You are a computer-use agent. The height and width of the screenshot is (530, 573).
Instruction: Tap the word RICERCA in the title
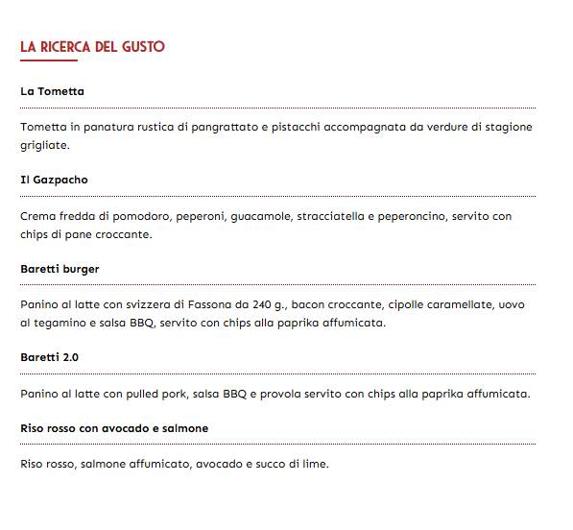[x=65, y=46]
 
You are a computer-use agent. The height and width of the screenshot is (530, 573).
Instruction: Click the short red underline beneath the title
[x=48, y=60]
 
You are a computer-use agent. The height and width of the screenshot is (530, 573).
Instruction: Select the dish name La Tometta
[x=52, y=91]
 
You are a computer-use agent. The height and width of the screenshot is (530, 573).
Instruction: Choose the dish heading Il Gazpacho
[x=54, y=180]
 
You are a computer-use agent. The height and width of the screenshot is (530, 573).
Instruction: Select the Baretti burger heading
[x=60, y=269]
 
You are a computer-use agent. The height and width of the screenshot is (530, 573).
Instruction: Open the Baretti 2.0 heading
[x=49, y=357]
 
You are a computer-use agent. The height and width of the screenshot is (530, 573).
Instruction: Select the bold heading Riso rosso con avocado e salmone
[x=114, y=427]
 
